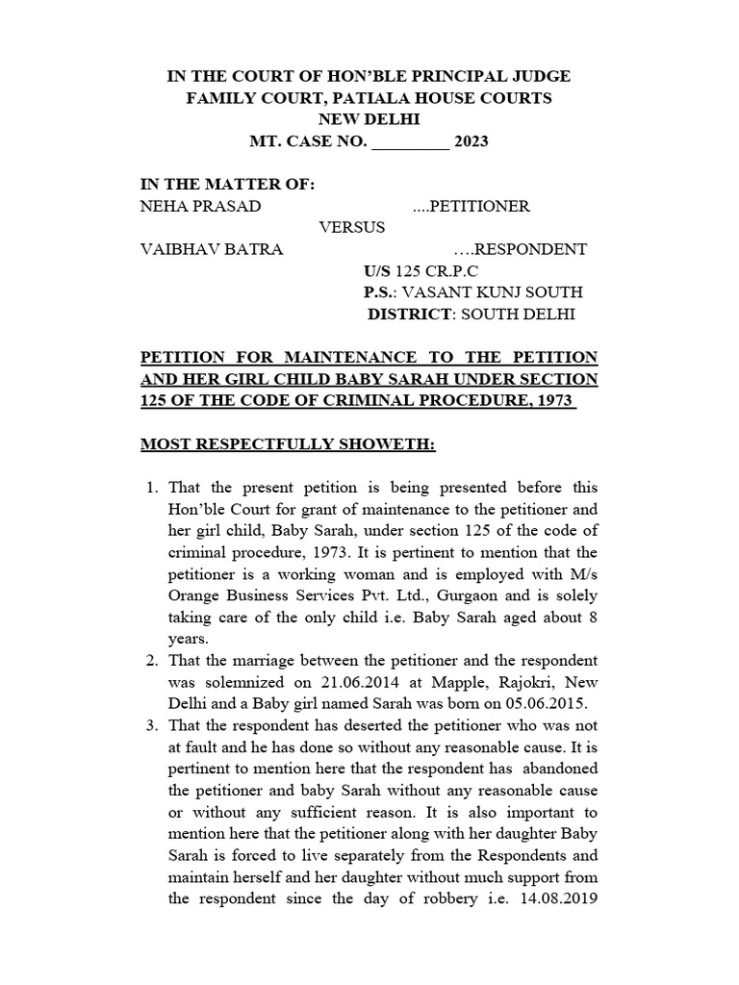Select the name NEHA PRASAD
[x=200, y=206]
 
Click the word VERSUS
[x=352, y=228]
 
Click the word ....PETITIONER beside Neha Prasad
[x=471, y=206]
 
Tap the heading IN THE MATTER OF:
[x=227, y=185]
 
